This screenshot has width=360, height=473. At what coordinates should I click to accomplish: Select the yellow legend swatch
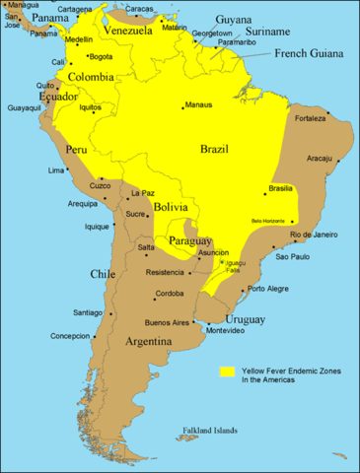[226, 372]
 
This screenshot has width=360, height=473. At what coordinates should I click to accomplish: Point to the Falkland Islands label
[210, 431]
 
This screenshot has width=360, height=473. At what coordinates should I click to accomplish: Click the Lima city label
[56, 170]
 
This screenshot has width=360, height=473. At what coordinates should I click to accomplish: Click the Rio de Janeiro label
[319, 235]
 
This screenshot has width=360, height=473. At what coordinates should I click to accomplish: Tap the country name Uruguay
[245, 319]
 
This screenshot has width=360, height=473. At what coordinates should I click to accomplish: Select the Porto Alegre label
[269, 289]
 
